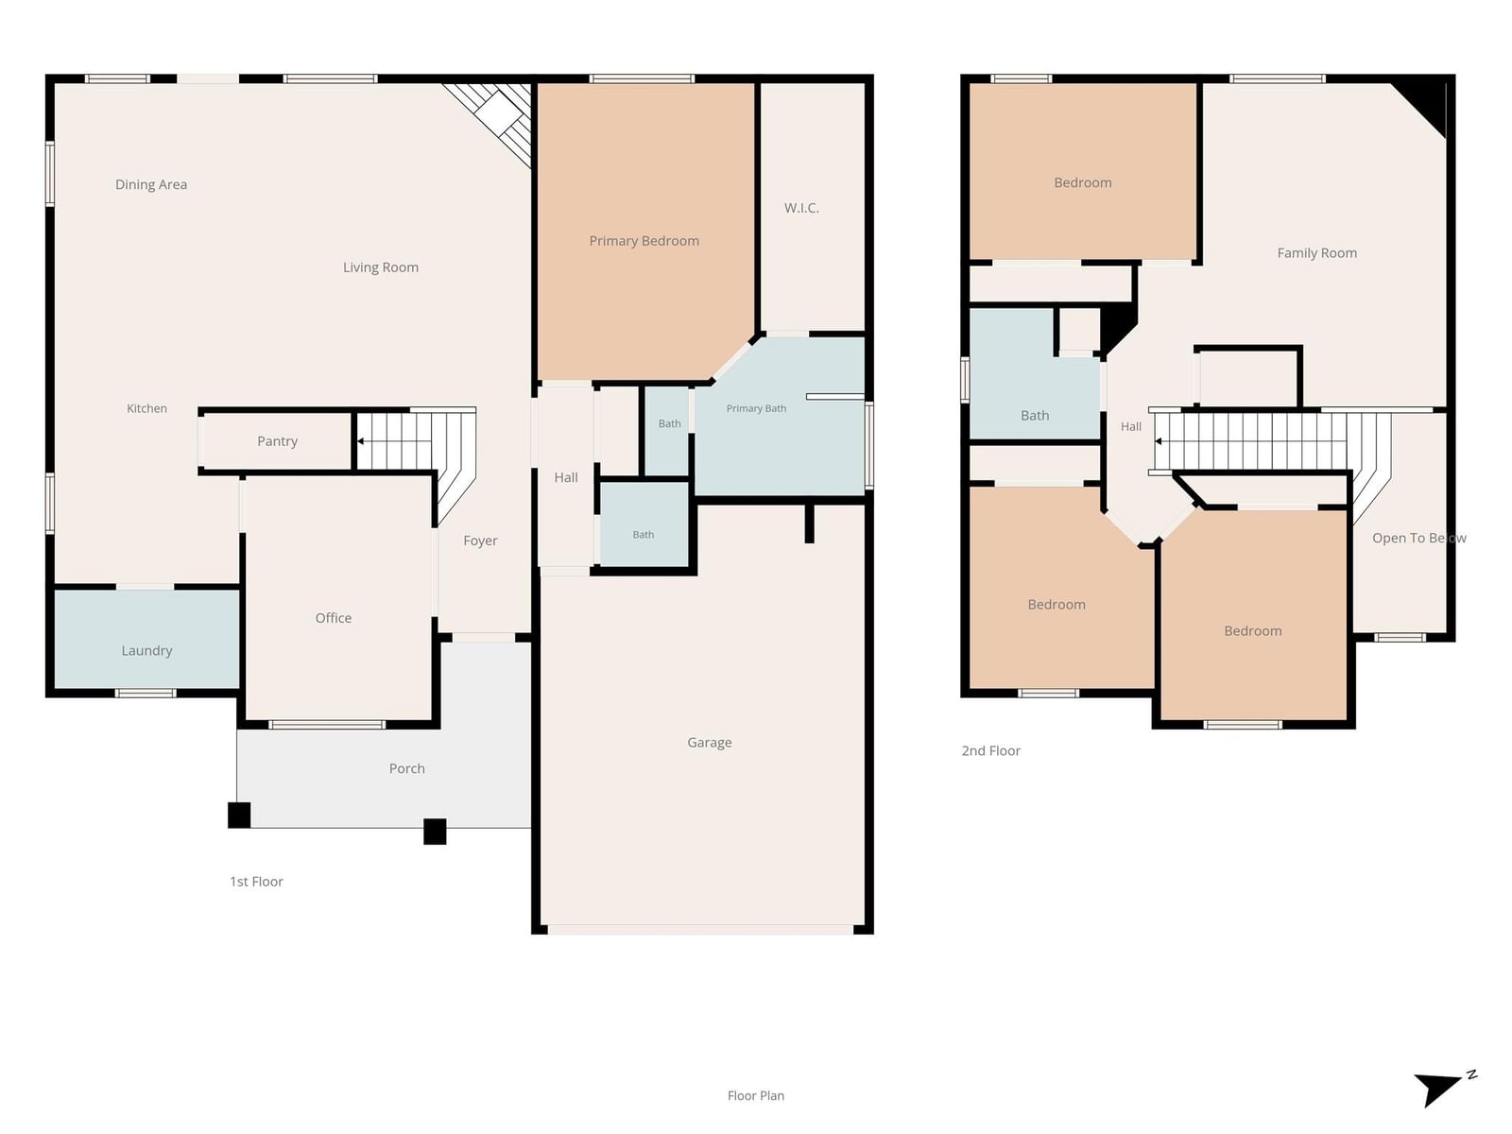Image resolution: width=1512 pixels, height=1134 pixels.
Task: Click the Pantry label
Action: pos(277,441)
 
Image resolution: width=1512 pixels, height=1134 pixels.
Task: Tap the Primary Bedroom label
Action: pos(644,241)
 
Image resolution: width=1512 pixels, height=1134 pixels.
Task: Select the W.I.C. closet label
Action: pos(801,208)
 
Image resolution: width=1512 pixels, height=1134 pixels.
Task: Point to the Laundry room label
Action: pos(146,651)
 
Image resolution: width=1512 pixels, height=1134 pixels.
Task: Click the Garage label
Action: pos(709,742)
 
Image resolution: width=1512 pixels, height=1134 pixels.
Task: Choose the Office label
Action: pos(333,618)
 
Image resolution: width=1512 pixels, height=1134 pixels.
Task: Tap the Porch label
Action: pos(406,768)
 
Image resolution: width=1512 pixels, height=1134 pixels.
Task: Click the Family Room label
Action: pos(1316,253)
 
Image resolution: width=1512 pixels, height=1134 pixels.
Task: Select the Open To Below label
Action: pos(1418,539)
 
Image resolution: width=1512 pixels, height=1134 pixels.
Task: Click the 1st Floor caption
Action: pos(256,882)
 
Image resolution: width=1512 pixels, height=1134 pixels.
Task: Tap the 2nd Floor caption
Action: pos(990,750)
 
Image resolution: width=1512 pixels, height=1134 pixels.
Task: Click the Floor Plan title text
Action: pos(756,1095)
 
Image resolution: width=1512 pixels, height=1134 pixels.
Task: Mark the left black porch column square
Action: pos(239,816)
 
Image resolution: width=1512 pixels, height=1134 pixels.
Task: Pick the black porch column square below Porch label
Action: pos(435,831)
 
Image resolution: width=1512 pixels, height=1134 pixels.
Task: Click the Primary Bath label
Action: pos(756,408)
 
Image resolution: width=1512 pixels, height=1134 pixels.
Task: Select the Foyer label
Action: pos(480,541)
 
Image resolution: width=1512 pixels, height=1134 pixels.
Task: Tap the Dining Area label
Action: pos(151,184)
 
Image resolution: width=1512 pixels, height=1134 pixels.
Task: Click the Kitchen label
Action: pos(146,408)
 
